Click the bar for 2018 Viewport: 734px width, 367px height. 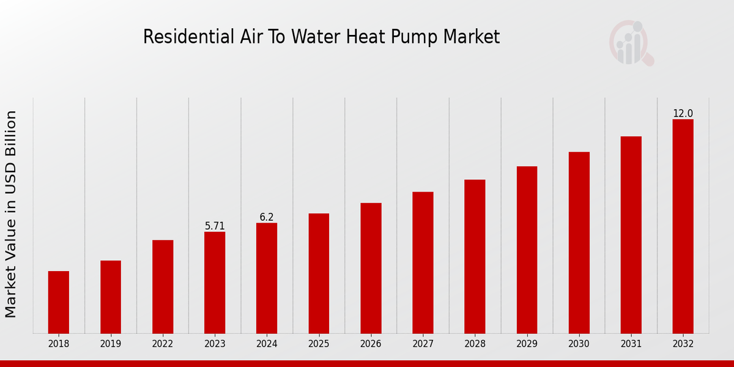tap(59, 302)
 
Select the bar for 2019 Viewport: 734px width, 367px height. tap(111, 297)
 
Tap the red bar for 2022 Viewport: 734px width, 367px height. tap(163, 287)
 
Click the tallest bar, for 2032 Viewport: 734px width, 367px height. tap(683, 226)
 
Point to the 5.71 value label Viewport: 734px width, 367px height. tap(215, 226)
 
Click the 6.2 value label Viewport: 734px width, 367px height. tap(267, 217)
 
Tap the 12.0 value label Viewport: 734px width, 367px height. tap(683, 114)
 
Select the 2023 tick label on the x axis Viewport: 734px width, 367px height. tap(215, 344)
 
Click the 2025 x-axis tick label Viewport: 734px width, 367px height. tap(319, 344)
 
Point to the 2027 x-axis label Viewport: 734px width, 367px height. tap(423, 344)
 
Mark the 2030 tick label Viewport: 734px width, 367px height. tap(579, 344)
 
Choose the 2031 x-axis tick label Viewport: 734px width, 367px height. tap(631, 344)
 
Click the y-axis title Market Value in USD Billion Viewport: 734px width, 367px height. tap(11, 214)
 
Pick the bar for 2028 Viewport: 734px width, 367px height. tap(475, 256)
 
